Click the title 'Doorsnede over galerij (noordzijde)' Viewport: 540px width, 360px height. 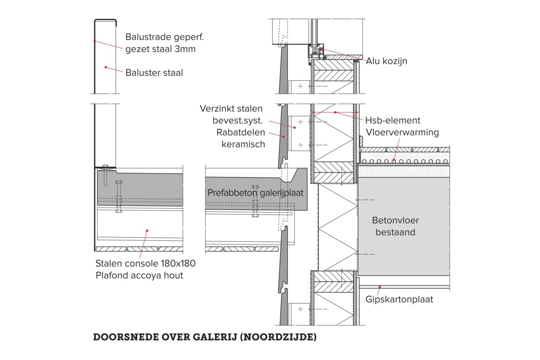205,337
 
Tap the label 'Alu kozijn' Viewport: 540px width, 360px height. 386,61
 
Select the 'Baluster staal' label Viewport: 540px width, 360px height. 154,73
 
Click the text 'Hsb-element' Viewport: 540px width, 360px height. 392,120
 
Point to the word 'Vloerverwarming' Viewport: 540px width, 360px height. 402,132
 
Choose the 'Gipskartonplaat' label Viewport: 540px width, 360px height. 399,299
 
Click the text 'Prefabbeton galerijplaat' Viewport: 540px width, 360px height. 255,193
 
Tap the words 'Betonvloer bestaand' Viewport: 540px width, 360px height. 395,226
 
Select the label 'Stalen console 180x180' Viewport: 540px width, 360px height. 145,264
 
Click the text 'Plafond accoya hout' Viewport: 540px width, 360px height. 139,275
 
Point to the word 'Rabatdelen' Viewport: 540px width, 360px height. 241,132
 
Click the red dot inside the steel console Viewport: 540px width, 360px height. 147,231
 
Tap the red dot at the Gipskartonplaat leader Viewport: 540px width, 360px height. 380,287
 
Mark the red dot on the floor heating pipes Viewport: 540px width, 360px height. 393,161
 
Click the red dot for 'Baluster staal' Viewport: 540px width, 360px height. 106,67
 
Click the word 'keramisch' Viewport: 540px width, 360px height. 243,144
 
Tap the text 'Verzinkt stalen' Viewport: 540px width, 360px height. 231,109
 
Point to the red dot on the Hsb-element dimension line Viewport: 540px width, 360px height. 336,112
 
